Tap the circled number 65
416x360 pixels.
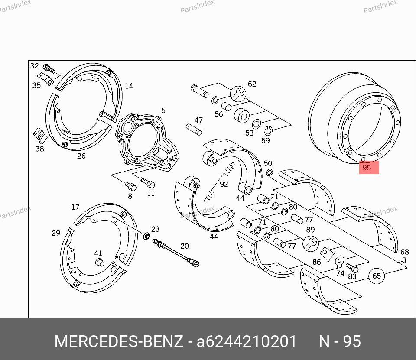coord(377,276)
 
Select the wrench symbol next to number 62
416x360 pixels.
coord(238,94)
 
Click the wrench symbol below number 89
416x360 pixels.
coord(311,243)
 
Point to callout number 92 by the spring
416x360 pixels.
coord(224,184)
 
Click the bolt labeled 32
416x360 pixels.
coord(49,69)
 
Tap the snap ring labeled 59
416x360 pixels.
coord(268,130)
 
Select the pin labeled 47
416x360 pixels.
coord(194,130)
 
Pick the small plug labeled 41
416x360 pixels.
coord(100,262)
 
